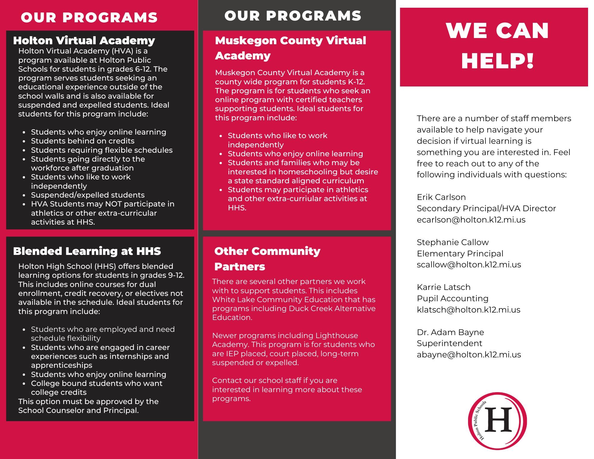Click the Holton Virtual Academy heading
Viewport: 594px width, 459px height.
(x=84, y=40)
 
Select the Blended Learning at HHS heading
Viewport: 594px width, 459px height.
(x=87, y=251)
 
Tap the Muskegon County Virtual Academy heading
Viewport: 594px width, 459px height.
(x=290, y=48)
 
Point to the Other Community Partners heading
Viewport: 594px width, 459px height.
(x=267, y=258)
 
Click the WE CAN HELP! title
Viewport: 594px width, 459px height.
(x=497, y=46)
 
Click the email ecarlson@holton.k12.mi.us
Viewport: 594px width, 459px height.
(x=471, y=220)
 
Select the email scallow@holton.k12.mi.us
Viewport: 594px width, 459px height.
(x=469, y=265)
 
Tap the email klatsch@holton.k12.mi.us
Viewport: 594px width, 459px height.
(x=468, y=310)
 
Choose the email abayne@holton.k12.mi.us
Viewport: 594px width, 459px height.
(x=469, y=355)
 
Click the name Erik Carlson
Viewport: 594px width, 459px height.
(x=441, y=197)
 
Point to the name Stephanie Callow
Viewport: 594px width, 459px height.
(x=452, y=242)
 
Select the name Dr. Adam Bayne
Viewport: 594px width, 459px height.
(x=450, y=332)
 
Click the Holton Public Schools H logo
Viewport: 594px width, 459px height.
(x=497, y=421)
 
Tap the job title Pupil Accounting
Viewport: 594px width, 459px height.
(x=452, y=299)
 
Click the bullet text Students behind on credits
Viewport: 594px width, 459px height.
(x=83, y=141)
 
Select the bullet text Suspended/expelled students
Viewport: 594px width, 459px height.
(x=88, y=195)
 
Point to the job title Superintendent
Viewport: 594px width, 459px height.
(x=449, y=343)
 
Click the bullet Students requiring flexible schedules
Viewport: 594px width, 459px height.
(x=102, y=150)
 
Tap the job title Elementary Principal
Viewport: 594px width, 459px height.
(x=460, y=254)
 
